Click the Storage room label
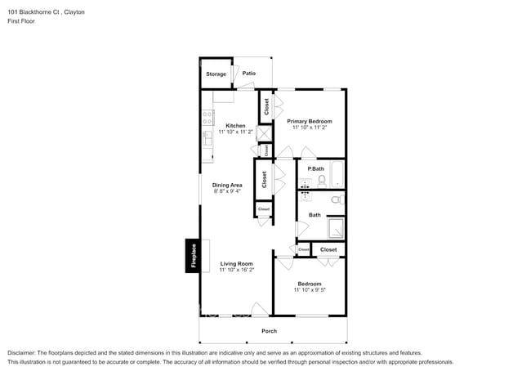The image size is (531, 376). click(x=216, y=74)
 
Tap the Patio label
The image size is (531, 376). click(x=248, y=74)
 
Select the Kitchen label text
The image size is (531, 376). click(x=235, y=126)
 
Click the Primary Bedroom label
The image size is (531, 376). click(x=310, y=120)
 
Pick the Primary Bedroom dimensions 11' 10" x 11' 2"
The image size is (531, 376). click(x=310, y=128)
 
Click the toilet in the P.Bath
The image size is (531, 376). click(x=321, y=181)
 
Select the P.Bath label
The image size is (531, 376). click(x=315, y=168)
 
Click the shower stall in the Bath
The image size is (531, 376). click(x=335, y=226)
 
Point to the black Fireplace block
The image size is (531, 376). click(x=194, y=256)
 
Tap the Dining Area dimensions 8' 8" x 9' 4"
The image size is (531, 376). click(x=227, y=192)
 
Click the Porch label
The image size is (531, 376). click(x=269, y=331)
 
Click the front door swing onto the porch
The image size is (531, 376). click(x=259, y=309)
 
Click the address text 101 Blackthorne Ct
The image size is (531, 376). click(x=34, y=13)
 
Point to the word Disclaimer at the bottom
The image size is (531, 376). click(x=24, y=352)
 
